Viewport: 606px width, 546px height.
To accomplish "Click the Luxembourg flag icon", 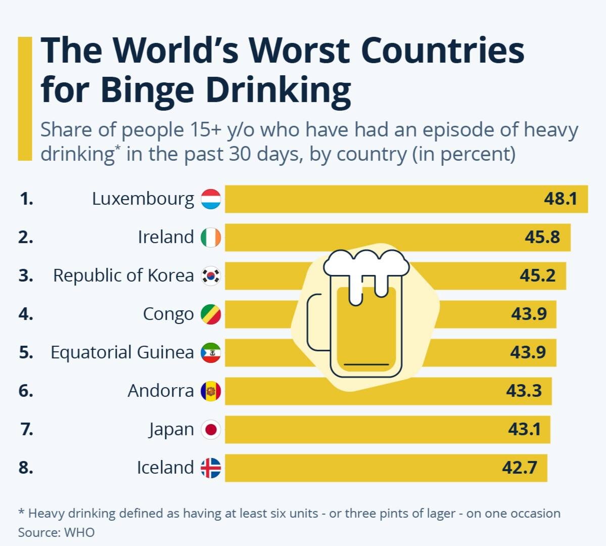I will (211, 199).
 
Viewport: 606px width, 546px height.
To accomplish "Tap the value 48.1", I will (560, 199).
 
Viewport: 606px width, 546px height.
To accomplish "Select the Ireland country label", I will (166, 237).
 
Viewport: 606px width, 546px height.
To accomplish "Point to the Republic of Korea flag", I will (211, 276).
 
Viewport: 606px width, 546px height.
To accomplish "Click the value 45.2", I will (538, 276).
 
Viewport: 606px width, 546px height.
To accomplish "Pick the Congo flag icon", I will (211, 314).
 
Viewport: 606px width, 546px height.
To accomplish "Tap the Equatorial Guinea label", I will (122, 352).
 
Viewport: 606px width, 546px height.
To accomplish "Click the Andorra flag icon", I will (211, 391).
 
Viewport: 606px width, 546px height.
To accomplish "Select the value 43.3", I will (524, 391).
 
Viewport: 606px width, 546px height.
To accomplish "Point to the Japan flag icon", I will (211, 430).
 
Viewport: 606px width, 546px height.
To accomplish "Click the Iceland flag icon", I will (211, 468).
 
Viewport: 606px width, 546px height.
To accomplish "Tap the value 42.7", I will (520, 468).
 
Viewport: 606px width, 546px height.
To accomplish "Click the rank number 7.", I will (27, 430).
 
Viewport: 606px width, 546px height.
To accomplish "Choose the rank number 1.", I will (26, 199).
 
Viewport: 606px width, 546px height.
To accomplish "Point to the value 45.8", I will (542, 237).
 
